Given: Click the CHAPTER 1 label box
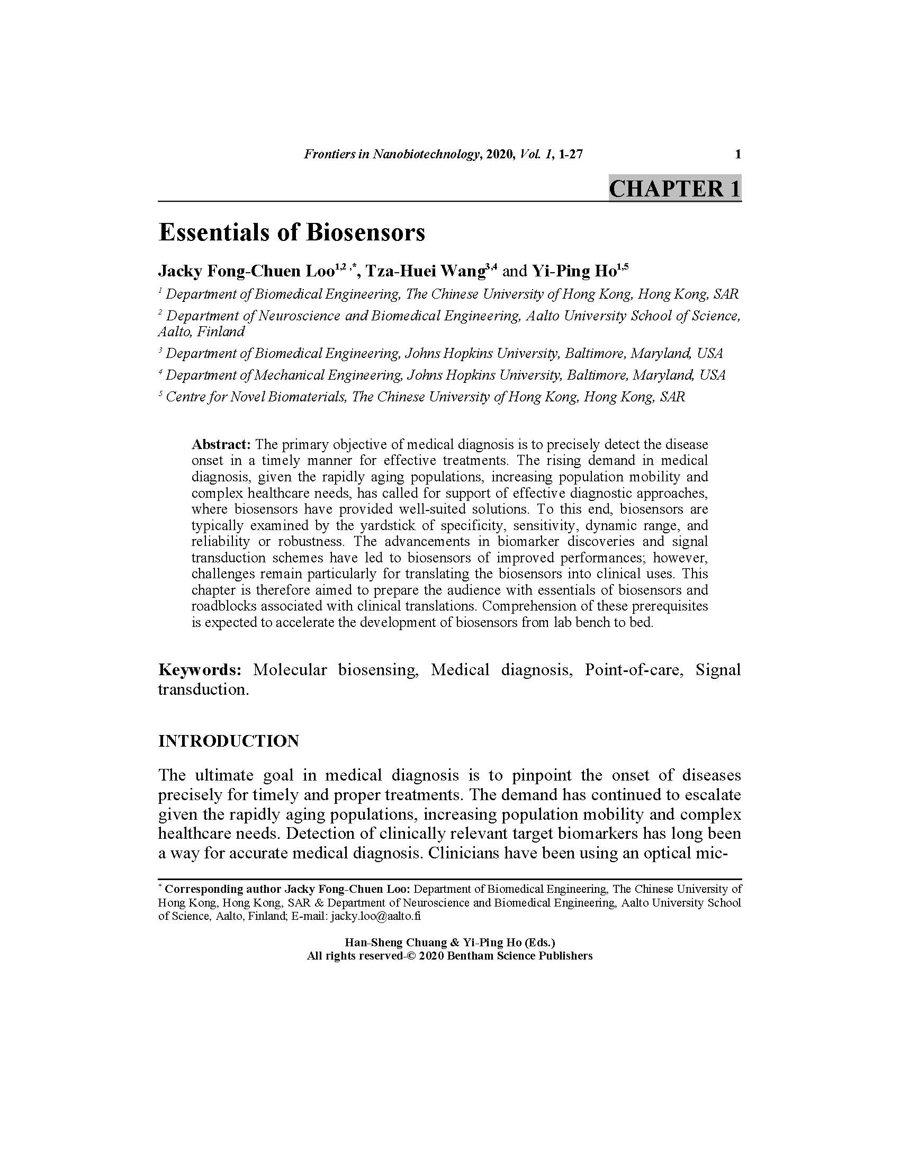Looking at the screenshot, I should coord(674,189).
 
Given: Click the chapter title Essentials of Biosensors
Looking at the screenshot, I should coord(292,232).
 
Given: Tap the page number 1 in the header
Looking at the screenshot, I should coord(738,155).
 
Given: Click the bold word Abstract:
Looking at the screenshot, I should coord(221,444).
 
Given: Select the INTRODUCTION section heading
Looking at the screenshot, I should coord(228,741).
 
